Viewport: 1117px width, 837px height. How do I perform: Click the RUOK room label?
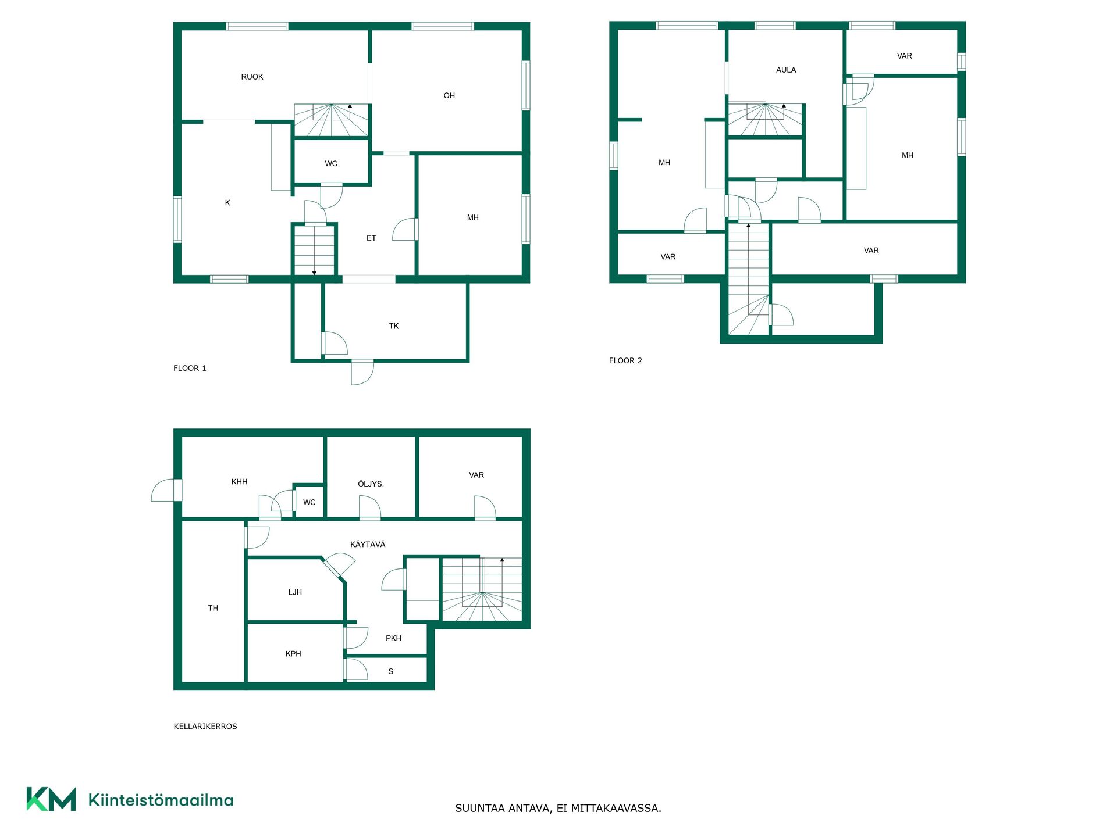click(x=252, y=77)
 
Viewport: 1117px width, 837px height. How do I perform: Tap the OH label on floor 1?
click(x=449, y=96)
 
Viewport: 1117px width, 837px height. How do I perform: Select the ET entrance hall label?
click(x=371, y=238)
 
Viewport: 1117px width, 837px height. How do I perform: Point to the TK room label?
click(x=394, y=326)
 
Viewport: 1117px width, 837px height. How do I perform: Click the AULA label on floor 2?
click(x=786, y=70)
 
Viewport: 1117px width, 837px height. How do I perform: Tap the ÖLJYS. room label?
click(x=371, y=484)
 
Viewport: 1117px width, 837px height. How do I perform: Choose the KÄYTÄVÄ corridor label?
click(x=368, y=544)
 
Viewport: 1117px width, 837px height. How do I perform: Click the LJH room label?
click(x=295, y=592)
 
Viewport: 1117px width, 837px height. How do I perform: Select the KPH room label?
click(x=293, y=654)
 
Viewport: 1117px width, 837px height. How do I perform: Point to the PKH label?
click(x=393, y=638)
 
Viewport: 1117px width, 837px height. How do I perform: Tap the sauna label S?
click(x=391, y=671)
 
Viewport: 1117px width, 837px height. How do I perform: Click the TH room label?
click(x=213, y=608)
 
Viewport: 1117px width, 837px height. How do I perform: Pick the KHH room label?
click(x=239, y=482)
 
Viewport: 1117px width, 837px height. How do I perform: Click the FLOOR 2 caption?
click(x=625, y=360)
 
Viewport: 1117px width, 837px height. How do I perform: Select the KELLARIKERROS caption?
click(x=205, y=726)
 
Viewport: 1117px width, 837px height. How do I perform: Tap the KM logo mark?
click(x=51, y=799)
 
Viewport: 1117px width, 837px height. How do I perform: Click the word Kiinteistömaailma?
click(x=161, y=800)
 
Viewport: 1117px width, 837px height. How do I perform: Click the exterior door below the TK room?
click(x=362, y=373)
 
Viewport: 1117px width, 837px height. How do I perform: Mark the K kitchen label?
click(x=227, y=203)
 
